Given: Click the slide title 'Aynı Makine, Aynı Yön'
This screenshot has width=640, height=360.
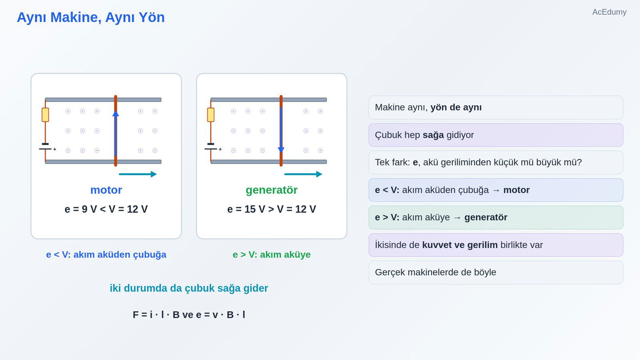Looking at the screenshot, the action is pyautogui.click(x=91, y=18).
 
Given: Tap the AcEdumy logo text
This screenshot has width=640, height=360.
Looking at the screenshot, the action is pyautogui.click(x=609, y=12).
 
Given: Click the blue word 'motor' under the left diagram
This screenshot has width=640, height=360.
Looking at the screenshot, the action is pyautogui.click(x=106, y=190).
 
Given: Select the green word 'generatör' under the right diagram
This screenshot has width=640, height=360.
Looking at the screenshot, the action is pyautogui.click(x=272, y=190).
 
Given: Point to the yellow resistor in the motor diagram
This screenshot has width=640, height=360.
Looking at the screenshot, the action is pyautogui.click(x=45, y=115).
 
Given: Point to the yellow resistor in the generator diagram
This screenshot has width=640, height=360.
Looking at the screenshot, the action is pyautogui.click(x=211, y=115).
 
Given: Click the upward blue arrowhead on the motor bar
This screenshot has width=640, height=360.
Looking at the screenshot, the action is pyautogui.click(x=116, y=114).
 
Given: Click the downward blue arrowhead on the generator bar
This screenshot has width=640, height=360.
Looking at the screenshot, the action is pyautogui.click(x=281, y=150).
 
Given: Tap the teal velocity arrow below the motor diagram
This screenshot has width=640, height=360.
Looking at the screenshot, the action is pyautogui.click(x=138, y=174).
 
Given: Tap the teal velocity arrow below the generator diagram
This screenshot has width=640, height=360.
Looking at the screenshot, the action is pyautogui.click(x=303, y=174).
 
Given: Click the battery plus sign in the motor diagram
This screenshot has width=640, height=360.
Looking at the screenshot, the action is pyautogui.click(x=54, y=149).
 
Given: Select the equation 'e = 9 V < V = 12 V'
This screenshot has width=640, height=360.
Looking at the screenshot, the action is pyautogui.click(x=106, y=209).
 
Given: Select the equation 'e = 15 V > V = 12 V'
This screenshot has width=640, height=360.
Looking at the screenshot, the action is pyautogui.click(x=272, y=209).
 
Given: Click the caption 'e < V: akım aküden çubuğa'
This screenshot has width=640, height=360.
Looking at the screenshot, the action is pyautogui.click(x=106, y=254).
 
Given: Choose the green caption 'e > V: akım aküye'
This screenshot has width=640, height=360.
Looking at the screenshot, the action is pyautogui.click(x=272, y=254).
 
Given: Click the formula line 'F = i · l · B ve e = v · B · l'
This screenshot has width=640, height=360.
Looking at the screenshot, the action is pyautogui.click(x=189, y=314).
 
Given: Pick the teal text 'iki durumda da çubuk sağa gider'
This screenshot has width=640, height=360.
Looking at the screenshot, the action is pyautogui.click(x=189, y=288).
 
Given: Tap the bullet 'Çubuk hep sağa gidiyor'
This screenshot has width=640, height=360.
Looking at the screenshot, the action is pyautogui.click(x=424, y=135).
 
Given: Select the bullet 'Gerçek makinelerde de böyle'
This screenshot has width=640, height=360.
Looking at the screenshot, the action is pyautogui.click(x=436, y=272).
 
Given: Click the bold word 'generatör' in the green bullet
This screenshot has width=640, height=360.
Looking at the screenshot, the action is pyautogui.click(x=486, y=218).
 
